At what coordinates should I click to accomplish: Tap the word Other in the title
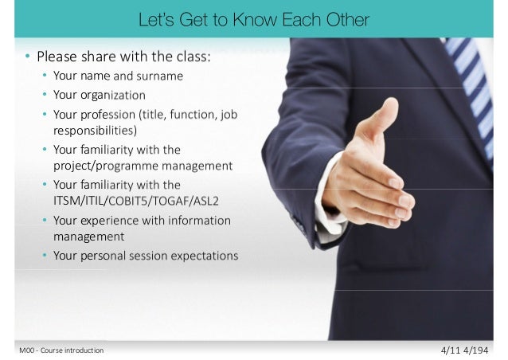click(348, 18)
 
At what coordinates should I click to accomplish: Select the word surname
click(160, 76)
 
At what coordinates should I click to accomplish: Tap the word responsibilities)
click(95, 129)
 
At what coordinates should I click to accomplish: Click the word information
click(195, 220)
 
